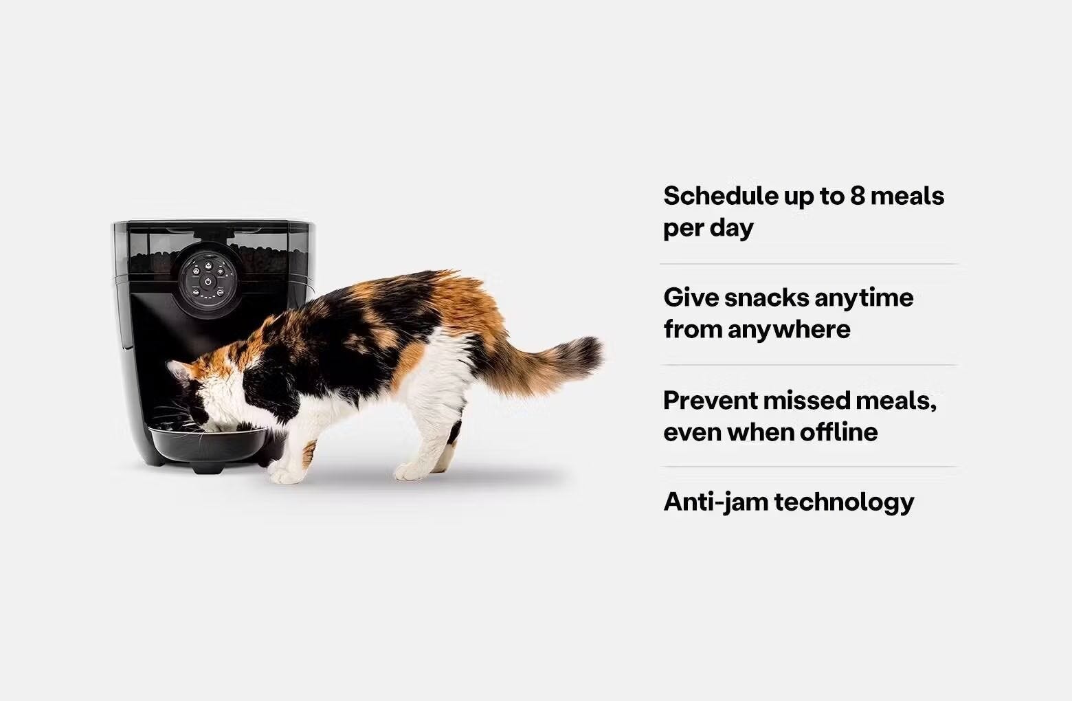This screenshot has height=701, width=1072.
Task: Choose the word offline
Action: [x=838, y=432]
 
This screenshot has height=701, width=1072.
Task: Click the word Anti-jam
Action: [x=715, y=502]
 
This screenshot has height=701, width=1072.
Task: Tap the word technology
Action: [x=845, y=502]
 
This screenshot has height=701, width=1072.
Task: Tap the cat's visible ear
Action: [x=180, y=373]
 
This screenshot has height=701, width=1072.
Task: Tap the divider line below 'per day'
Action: [x=809, y=264]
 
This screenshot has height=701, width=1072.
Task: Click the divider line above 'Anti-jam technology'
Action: [x=809, y=467]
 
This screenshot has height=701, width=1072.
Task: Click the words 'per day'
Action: [x=708, y=228]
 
